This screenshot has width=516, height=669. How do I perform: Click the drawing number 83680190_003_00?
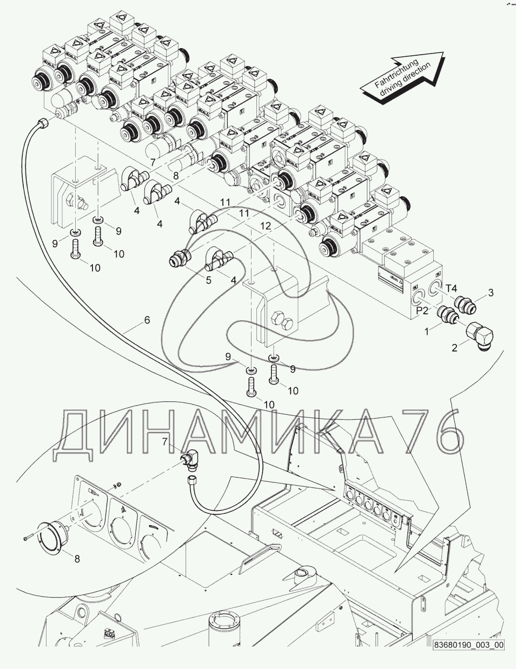click(x=468, y=645)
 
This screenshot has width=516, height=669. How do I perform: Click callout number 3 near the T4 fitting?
click(x=491, y=293)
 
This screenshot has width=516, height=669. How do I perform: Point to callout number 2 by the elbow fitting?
click(x=454, y=349)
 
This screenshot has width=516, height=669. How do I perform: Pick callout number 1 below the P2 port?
click(x=427, y=331)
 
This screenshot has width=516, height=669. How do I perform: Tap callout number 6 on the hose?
click(x=147, y=320)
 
